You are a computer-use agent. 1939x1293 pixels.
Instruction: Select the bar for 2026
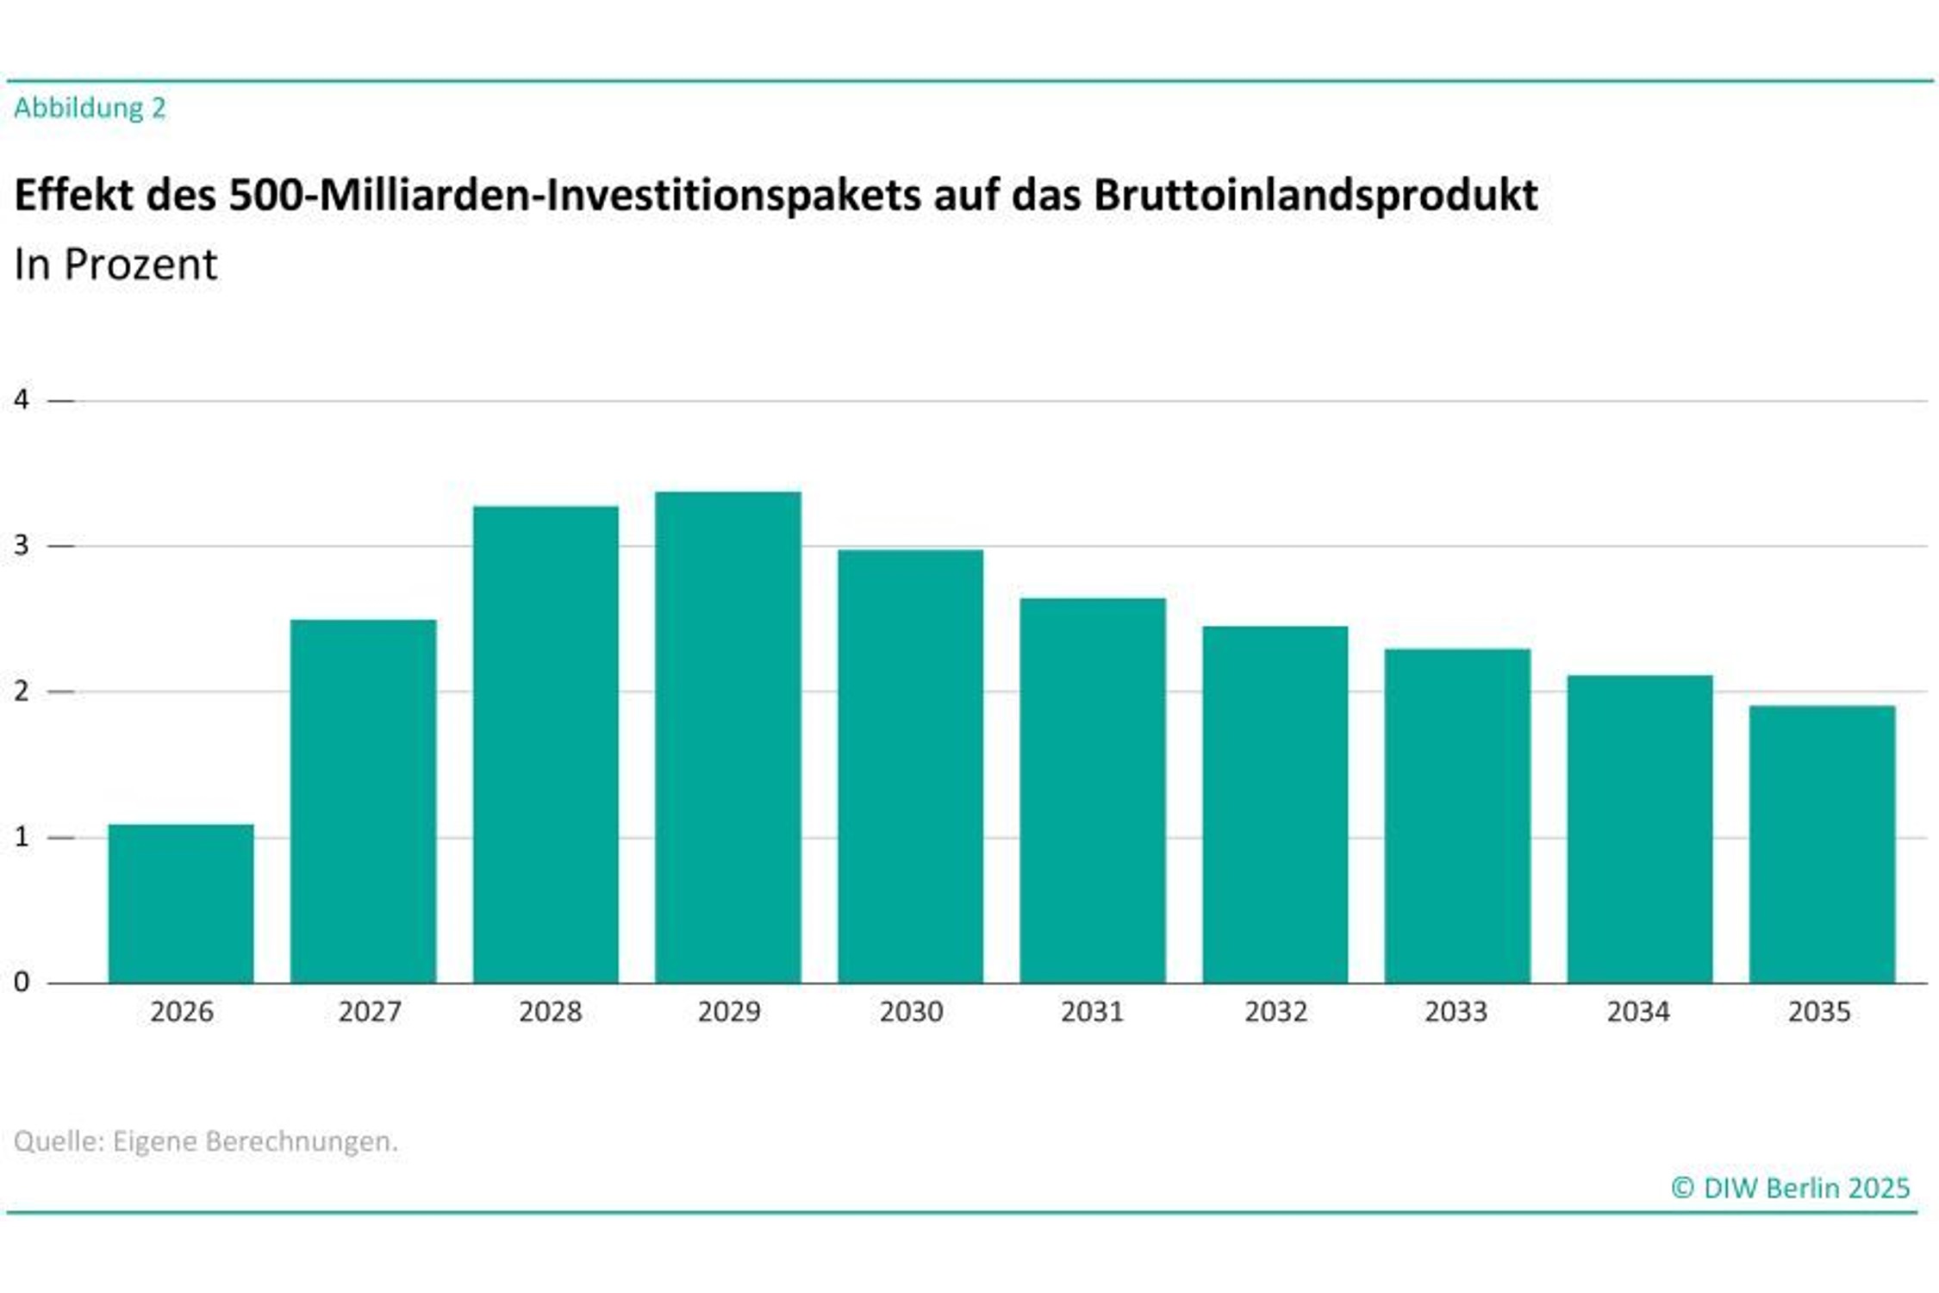click(x=181, y=903)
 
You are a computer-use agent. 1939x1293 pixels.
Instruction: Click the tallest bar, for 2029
click(x=727, y=737)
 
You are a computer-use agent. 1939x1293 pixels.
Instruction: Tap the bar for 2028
click(x=546, y=744)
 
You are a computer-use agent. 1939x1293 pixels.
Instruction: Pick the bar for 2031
click(x=1093, y=790)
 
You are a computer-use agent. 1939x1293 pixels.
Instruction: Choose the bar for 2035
click(x=1822, y=844)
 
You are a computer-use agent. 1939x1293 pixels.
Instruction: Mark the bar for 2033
click(x=1457, y=815)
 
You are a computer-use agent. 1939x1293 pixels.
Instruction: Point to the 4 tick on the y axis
click(x=22, y=400)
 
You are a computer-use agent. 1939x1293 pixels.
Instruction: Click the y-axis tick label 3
click(x=22, y=546)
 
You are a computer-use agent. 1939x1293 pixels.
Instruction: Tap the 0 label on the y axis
click(x=22, y=982)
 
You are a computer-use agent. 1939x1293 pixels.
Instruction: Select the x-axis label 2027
click(x=370, y=1012)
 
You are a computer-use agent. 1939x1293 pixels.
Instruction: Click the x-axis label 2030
click(x=911, y=1012)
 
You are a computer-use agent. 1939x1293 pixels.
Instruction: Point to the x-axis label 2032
click(x=1275, y=1012)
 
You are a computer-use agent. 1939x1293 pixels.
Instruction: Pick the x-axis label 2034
click(x=1638, y=1012)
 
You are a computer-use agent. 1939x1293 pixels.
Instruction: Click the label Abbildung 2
click(x=90, y=109)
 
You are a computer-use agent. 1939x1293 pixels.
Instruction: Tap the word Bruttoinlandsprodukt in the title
click(x=1316, y=195)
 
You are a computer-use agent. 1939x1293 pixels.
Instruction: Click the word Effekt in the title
click(x=72, y=195)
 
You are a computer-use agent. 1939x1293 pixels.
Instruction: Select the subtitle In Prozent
click(x=115, y=265)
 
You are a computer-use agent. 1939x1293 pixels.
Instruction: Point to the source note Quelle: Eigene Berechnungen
click(x=206, y=1141)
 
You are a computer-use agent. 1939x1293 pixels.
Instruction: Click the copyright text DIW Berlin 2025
click(x=1791, y=1189)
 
